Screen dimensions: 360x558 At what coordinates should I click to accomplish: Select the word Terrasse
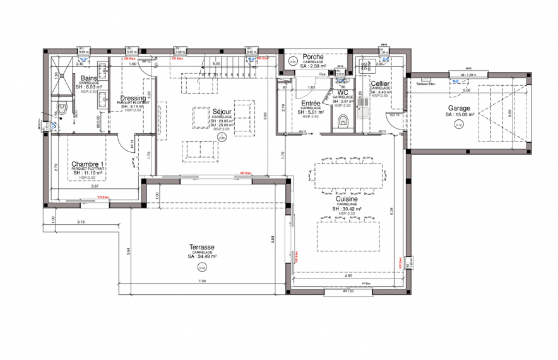202,247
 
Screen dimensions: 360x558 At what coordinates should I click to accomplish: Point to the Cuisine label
347,198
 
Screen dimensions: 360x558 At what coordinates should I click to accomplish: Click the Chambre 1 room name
88,164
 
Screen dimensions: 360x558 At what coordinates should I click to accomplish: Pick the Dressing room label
133,98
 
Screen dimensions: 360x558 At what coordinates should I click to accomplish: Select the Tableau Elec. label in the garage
426,84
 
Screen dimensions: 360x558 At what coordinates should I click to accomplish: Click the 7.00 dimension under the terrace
202,280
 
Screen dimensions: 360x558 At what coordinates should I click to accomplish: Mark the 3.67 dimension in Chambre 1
94,187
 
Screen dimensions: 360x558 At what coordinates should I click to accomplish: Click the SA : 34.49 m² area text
202,257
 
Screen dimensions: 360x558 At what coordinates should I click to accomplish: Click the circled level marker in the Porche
293,62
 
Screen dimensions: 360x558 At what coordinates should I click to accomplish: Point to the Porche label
313,57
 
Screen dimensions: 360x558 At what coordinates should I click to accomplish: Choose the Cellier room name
380,83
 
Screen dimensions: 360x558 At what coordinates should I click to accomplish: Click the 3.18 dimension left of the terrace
81,222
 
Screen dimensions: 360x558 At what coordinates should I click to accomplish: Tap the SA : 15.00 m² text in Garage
458,115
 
